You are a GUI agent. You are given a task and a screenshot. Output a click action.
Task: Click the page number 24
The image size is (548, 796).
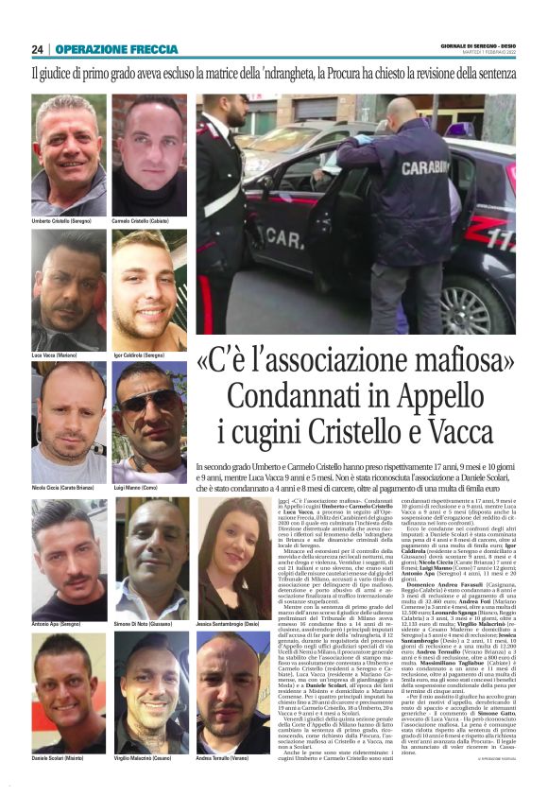pos(38,49)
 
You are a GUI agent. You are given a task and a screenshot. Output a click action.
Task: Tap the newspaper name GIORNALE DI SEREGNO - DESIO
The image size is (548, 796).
pos(474,45)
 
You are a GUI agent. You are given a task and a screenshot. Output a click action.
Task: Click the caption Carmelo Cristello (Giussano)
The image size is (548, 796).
pos(146,219)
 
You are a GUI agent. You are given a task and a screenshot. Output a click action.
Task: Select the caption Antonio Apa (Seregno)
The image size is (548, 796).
pos(60,625)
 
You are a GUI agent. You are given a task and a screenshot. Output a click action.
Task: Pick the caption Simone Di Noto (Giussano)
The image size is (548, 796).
pos(147,625)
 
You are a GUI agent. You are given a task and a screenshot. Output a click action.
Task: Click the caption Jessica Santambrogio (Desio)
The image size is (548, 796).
pos(233,625)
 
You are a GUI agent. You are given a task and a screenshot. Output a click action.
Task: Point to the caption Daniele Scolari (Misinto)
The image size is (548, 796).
pos(61,759)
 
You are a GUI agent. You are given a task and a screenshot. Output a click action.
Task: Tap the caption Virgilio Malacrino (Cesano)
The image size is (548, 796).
pos(148,759)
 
